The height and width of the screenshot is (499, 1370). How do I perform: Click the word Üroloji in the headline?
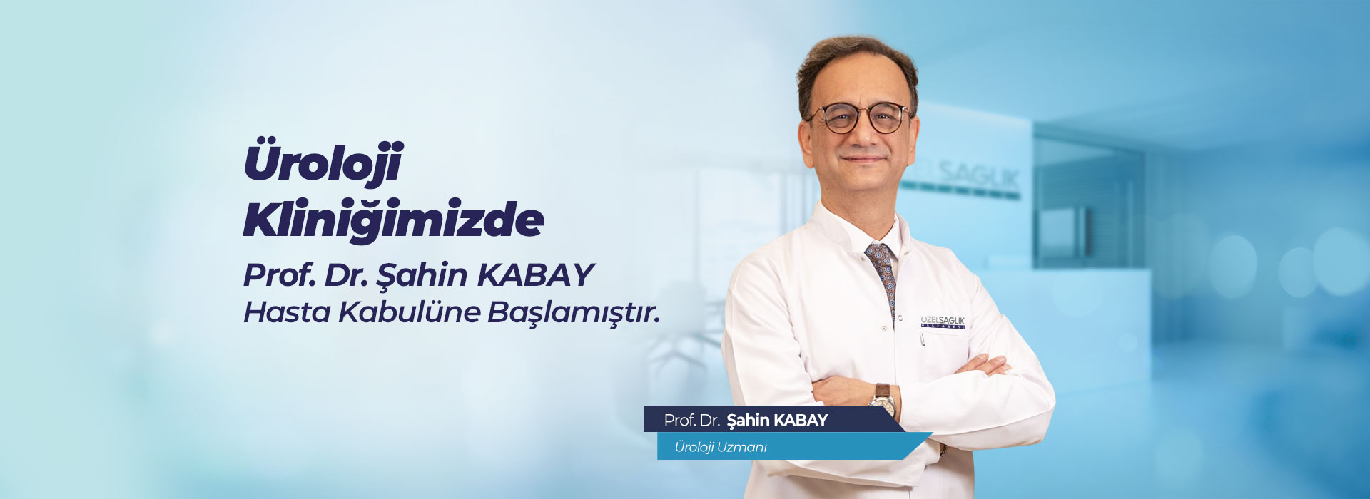tap(324, 162)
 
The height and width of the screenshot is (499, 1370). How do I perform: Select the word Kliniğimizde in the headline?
tap(394, 218)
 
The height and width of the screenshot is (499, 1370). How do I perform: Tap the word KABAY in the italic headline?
tap(535, 274)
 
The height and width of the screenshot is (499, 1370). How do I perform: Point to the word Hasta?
tap(287, 312)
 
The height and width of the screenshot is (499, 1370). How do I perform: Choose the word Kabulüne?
tap(408, 312)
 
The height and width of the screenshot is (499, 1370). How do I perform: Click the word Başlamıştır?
tap(574, 313)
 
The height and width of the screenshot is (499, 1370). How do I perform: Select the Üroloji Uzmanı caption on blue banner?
tap(721, 447)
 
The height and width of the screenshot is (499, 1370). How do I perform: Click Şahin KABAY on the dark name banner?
tap(777, 421)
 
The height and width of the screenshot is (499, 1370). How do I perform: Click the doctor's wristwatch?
tap(883, 400)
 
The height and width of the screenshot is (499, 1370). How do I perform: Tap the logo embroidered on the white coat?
tap(943, 321)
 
